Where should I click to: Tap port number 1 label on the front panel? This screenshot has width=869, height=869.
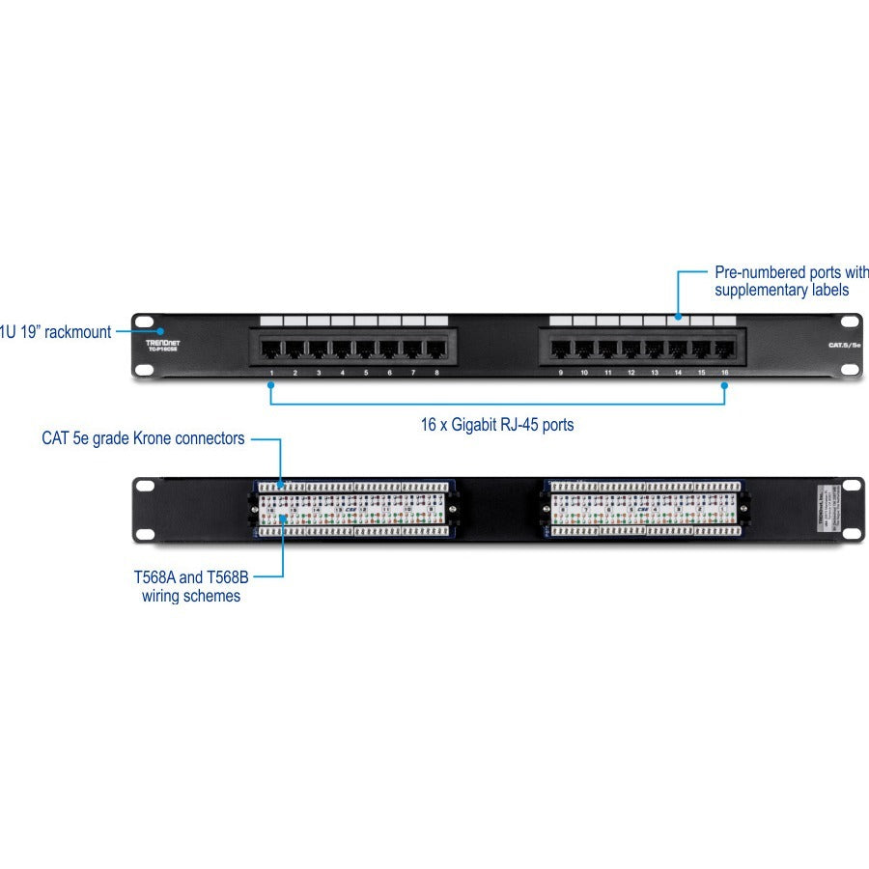click(x=272, y=372)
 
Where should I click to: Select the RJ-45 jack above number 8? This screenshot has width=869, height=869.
click(x=435, y=348)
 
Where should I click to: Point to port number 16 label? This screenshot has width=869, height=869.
click(x=724, y=372)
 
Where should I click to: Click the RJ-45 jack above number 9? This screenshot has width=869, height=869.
click(x=560, y=348)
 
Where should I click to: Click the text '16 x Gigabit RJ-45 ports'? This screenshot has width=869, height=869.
click(x=497, y=424)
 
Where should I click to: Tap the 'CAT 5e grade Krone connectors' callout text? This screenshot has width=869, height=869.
click(x=143, y=438)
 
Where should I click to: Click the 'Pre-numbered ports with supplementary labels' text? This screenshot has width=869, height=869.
click(x=791, y=281)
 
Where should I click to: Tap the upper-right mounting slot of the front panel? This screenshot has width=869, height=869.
click(x=849, y=322)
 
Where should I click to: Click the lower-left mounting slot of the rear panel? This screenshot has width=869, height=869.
click(x=145, y=533)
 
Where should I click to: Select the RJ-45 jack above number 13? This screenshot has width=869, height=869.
click(x=655, y=348)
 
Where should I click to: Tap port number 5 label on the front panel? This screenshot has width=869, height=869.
click(x=366, y=372)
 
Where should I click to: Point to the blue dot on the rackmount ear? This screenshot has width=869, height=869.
click(x=147, y=332)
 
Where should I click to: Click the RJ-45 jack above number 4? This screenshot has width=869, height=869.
click(x=341, y=348)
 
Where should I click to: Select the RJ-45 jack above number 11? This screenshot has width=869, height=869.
click(x=607, y=348)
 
